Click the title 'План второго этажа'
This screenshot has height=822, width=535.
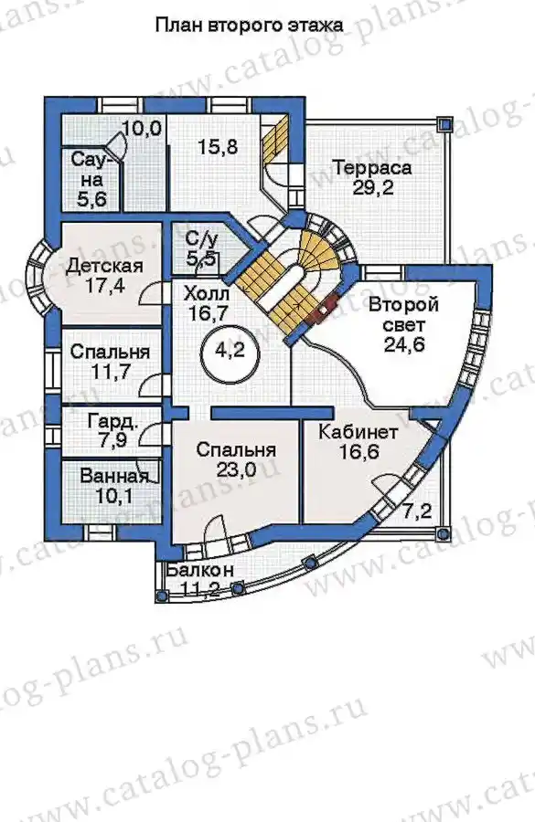point(250,26)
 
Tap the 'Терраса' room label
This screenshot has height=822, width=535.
point(372,169)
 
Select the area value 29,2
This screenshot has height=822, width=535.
point(373,188)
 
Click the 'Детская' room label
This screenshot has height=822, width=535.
point(105,266)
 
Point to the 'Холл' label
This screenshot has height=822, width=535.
point(207,293)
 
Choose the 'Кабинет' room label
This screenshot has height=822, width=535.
point(358,433)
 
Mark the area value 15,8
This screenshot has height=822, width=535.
point(218,147)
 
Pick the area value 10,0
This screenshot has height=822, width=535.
point(143,129)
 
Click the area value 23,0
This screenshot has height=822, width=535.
point(236,469)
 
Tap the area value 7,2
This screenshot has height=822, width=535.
point(417,510)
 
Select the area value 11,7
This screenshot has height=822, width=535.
point(110,373)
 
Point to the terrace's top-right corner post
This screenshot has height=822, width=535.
point(445,123)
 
